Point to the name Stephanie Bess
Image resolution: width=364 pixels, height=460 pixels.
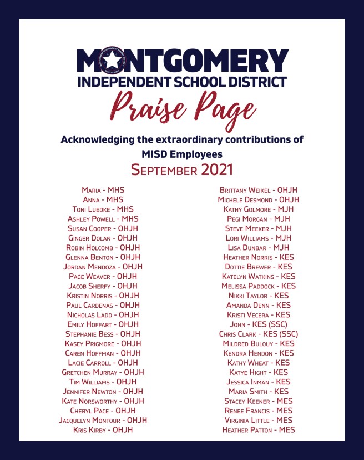point(89,334)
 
